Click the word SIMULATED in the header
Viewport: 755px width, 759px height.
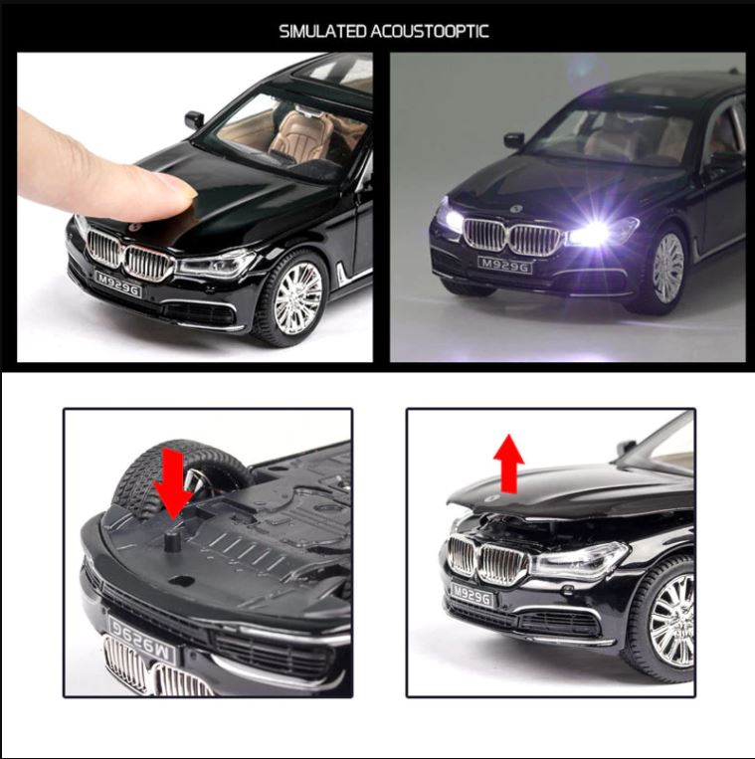[x=322, y=31]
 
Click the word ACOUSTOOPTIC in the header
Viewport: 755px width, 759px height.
[x=430, y=31]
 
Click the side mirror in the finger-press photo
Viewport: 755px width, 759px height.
[x=194, y=119]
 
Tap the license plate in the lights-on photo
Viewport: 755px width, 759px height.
[x=504, y=264]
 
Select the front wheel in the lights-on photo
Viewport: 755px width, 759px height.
[x=666, y=268]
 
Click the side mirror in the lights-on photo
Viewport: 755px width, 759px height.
[x=514, y=140]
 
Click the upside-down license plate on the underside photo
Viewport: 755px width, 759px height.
[x=141, y=625]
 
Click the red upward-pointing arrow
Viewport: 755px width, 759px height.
[x=509, y=464]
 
